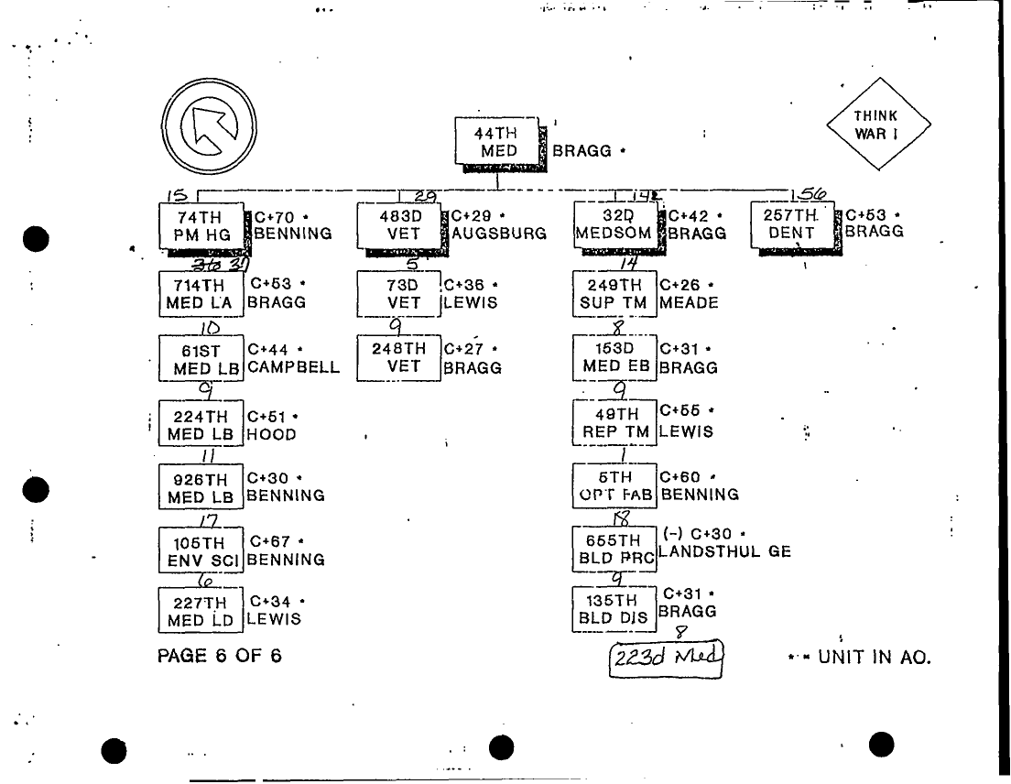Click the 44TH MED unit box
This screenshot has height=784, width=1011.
pos(498,143)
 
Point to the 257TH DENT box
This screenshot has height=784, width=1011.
pos(792,224)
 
